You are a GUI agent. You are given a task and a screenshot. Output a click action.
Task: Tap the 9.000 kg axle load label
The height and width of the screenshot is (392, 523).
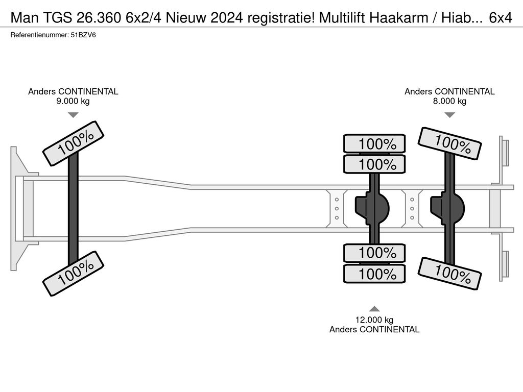(x=73, y=101)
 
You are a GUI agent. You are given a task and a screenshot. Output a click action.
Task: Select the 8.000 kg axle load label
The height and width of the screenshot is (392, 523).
(x=449, y=101)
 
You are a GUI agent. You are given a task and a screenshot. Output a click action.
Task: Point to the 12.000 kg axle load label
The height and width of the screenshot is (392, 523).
(x=374, y=320)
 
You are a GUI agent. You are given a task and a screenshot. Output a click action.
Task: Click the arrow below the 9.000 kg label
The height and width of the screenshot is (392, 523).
(x=73, y=115)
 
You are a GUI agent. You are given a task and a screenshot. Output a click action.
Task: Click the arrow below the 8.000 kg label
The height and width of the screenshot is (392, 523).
(x=449, y=115)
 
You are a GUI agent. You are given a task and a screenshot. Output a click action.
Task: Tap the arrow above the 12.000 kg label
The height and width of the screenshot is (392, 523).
(x=374, y=308)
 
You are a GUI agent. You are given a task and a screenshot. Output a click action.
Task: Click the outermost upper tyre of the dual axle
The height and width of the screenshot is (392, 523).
(x=374, y=144)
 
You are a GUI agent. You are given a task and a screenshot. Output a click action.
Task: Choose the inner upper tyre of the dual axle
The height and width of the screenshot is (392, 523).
(x=374, y=164)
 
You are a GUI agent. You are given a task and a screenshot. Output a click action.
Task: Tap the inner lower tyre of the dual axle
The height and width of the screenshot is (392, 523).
(x=374, y=253)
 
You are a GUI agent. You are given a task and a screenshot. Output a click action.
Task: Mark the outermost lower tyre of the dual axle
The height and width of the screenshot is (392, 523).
(x=374, y=274)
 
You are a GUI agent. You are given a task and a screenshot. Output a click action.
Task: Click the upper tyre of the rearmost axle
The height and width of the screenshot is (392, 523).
(x=449, y=143)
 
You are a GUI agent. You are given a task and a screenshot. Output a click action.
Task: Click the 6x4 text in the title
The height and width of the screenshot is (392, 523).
(x=501, y=18)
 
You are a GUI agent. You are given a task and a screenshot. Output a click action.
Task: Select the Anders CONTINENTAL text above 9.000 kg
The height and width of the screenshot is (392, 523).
(x=73, y=92)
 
